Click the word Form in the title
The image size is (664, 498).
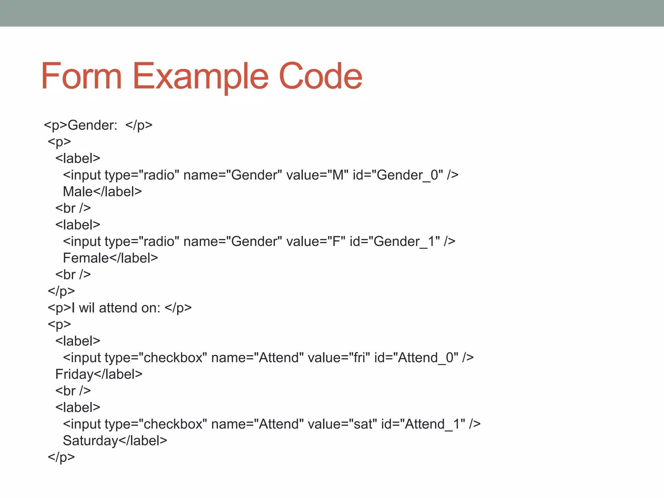[81, 77]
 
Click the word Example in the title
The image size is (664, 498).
[200, 77]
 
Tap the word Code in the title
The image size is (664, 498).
[320, 77]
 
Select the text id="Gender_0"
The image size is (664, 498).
[398, 175]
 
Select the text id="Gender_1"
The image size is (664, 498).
[395, 242]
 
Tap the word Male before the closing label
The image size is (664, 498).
[78, 192]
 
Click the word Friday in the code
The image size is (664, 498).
[74, 374]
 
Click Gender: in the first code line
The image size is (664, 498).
[92, 125]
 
